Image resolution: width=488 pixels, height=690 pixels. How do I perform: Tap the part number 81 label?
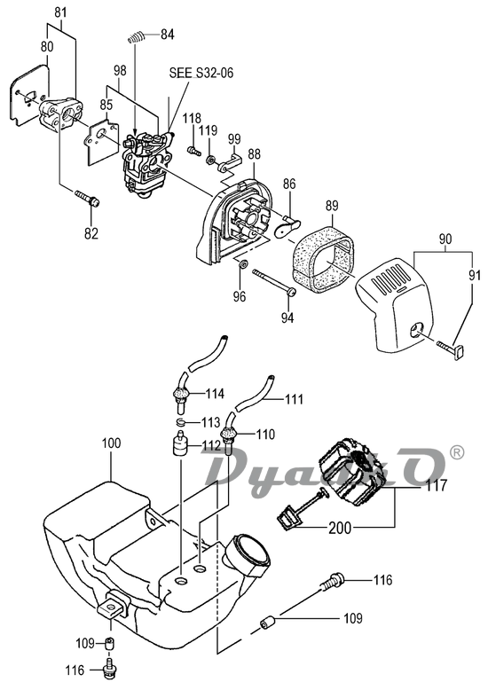pos(61,12)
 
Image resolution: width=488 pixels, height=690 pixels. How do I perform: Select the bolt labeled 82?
pos(87,198)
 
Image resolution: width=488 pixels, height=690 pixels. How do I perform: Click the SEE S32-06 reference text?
pos(201,73)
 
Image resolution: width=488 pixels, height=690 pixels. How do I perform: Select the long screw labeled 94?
pos(274,283)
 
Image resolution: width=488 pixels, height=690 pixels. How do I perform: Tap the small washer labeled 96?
pos(242,265)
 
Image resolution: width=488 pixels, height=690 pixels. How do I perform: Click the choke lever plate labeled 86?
pos(287,225)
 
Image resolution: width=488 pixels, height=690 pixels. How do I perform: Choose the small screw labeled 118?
pos(193,151)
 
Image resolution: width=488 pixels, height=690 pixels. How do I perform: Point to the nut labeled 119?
pos(211,159)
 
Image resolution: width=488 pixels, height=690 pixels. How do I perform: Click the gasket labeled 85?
pos(102,140)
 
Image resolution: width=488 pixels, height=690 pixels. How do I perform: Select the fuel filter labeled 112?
pos(179,445)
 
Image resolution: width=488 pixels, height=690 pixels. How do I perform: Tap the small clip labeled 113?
pos(180,422)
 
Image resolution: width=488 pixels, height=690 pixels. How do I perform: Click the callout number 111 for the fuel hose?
pos(295,399)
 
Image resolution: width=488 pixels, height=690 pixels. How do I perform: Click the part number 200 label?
pos(340,527)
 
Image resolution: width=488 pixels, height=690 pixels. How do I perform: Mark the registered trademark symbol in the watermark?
pos(457,452)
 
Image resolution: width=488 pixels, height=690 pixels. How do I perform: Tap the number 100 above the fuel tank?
pos(111,443)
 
